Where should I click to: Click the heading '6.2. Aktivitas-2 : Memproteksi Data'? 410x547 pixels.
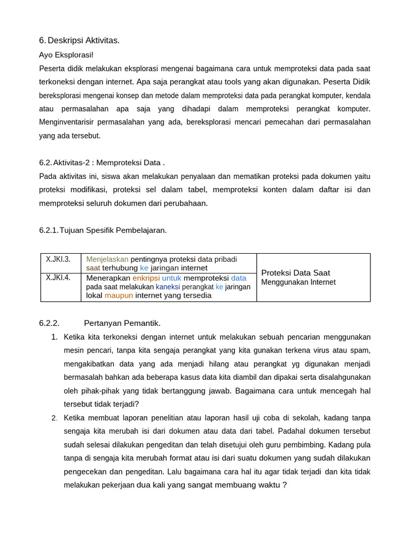tap(101, 162)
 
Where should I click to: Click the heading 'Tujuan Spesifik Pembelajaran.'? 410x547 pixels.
tap(113, 230)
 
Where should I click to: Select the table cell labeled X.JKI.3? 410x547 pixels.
tap(58, 259)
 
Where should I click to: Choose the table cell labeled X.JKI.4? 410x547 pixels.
tap(58, 278)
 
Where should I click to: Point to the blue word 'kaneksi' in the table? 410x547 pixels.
tap(168, 287)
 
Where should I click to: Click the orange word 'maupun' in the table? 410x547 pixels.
tap(119, 295)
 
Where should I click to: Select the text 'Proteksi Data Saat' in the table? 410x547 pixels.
tap(295, 273)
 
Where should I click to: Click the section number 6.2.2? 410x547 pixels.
tap(49, 323)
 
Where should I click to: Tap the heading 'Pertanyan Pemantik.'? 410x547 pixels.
tap(122, 323)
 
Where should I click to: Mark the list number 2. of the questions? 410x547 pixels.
tap(54, 418)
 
